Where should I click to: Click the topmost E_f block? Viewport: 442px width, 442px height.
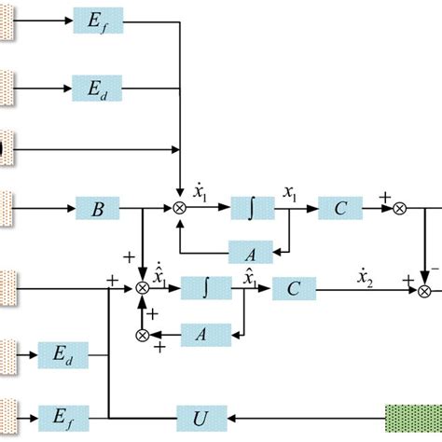98,20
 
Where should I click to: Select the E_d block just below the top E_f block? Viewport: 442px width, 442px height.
98,91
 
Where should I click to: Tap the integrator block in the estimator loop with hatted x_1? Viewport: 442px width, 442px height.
206,289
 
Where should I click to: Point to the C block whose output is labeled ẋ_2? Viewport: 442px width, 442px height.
294,289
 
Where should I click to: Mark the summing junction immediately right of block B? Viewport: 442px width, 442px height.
179,209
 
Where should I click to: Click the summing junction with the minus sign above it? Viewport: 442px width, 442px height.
425,290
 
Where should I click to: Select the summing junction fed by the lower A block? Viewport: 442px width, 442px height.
143,334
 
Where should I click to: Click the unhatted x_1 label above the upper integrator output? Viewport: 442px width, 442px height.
290,194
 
